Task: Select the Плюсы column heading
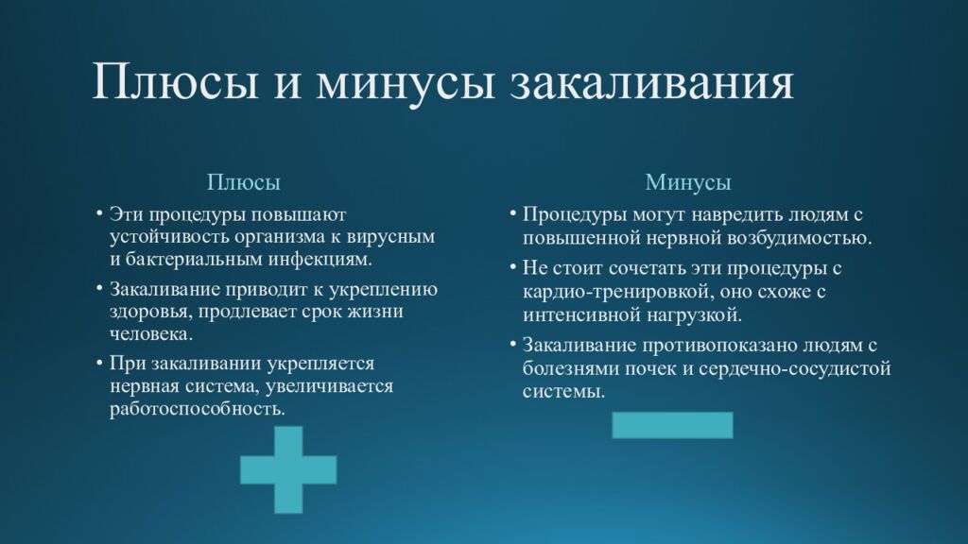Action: click(x=244, y=181)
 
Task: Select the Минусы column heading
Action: click(x=688, y=181)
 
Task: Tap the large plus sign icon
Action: click(x=288, y=469)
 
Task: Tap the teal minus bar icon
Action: click(x=672, y=424)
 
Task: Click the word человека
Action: click(x=150, y=333)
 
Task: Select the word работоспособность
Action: click(x=196, y=409)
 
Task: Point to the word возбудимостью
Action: click(x=805, y=236)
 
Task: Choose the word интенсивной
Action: click(x=578, y=314)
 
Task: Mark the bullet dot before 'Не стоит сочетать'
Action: click(x=512, y=267)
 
